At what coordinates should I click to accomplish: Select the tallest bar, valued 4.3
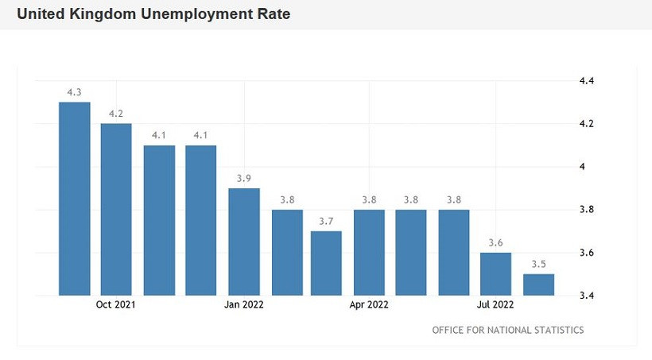[x=74, y=199]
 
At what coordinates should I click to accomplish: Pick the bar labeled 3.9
[x=244, y=242]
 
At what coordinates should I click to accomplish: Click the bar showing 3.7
[x=327, y=263]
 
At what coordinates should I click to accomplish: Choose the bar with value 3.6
[x=495, y=274]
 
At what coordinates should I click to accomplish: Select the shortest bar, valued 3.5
[x=538, y=285]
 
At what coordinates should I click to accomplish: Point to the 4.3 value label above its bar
[x=74, y=92]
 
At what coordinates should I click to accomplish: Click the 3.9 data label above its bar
[x=244, y=178]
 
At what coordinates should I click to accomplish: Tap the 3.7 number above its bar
[x=327, y=221]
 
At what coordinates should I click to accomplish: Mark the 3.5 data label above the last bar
[x=538, y=264]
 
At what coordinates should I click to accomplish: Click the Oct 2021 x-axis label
[x=116, y=304]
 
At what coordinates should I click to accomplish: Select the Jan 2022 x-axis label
[x=244, y=304]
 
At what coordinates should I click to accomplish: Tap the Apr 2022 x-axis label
[x=369, y=304]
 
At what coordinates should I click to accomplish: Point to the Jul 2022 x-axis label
[x=495, y=304]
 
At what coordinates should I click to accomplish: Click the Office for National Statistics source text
[x=507, y=330]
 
